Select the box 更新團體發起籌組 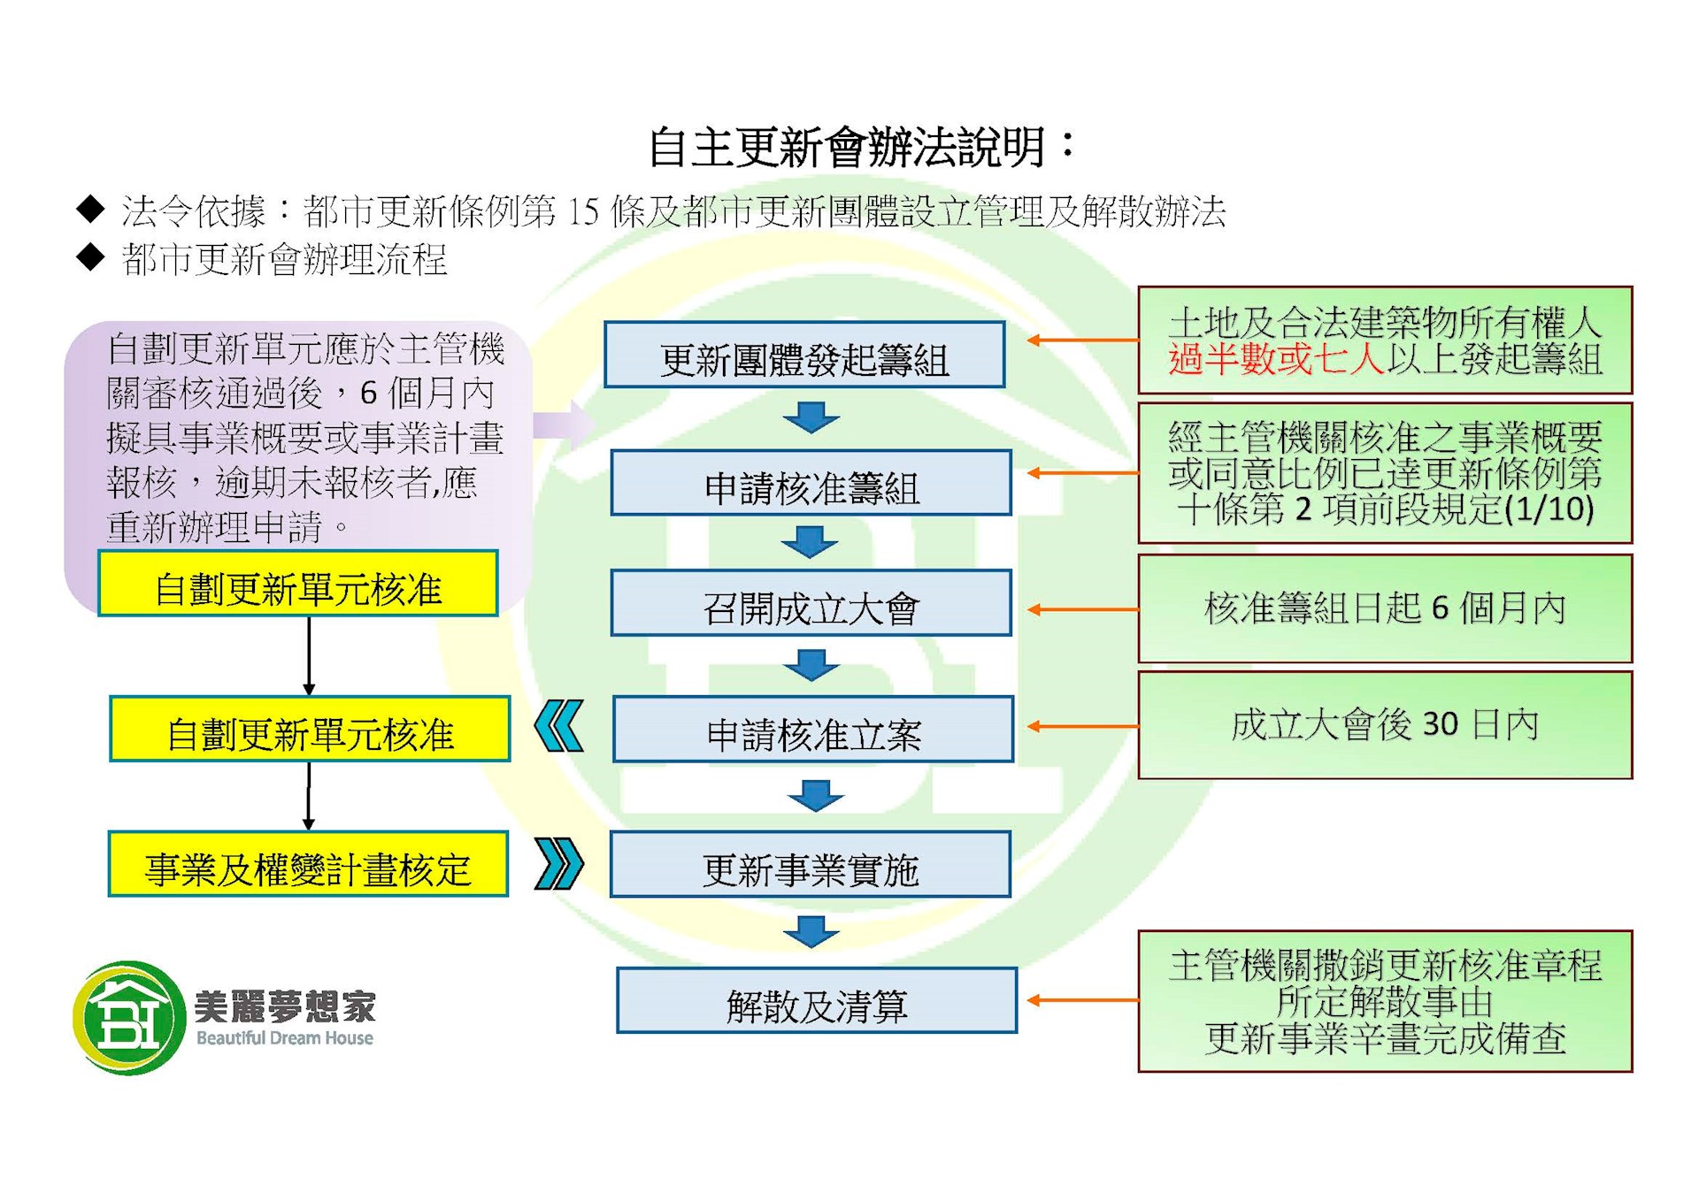click(804, 356)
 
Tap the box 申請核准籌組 click(811, 484)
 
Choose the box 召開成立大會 click(811, 604)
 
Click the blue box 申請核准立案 click(812, 731)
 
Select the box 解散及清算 click(816, 1001)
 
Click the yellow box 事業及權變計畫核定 click(308, 865)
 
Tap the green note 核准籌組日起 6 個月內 click(1384, 609)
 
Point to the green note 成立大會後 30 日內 click(1384, 725)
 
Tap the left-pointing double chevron click(559, 726)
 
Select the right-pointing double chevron click(559, 863)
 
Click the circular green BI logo click(130, 1018)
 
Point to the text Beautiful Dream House click(284, 1038)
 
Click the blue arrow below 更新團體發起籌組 click(811, 417)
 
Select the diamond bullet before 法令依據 click(91, 210)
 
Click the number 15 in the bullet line click(583, 211)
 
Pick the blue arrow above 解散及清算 click(811, 931)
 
